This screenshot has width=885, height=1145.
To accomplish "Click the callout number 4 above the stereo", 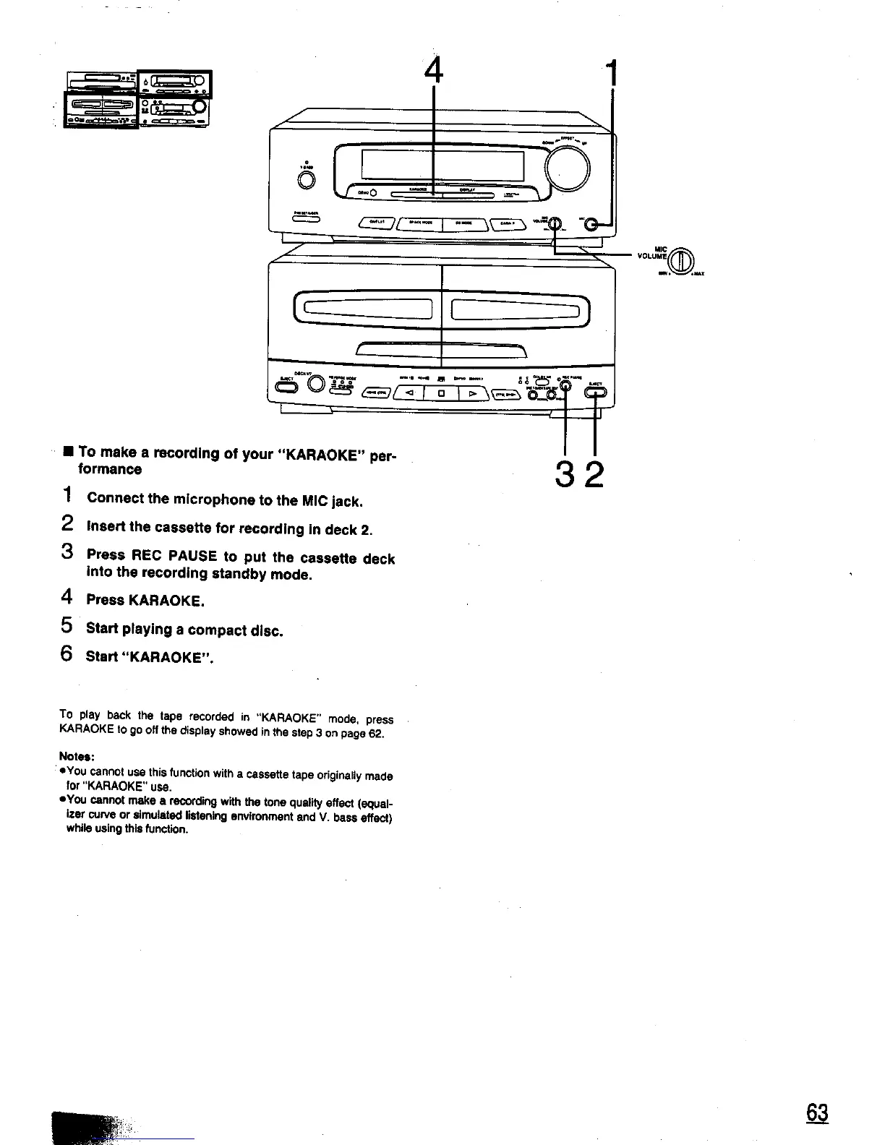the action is pos(432,71).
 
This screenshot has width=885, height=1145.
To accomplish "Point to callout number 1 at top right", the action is pos(612,73).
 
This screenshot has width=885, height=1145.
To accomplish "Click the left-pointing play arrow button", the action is pos(409,394).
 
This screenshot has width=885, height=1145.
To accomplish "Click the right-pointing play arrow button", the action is pos(472,394).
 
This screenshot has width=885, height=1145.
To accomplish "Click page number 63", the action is pos(817,1113).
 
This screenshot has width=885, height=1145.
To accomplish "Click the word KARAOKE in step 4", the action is pos(167,601).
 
